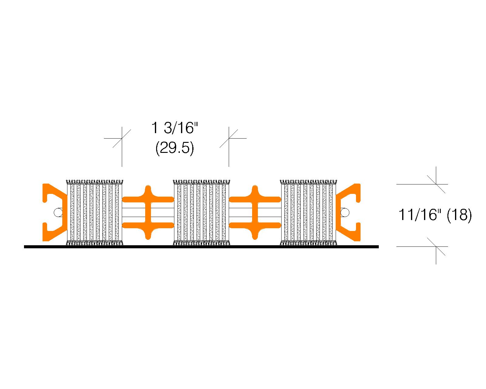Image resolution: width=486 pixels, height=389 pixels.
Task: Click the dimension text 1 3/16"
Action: coord(175,128)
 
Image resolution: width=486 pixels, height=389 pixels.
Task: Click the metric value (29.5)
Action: coord(175,148)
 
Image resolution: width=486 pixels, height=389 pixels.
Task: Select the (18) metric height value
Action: coord(459,215)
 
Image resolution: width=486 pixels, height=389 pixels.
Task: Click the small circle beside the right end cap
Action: coord(345,212)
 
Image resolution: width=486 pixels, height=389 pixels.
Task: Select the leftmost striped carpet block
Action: coord(95,212)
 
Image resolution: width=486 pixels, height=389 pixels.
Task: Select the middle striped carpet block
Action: coord(201,212)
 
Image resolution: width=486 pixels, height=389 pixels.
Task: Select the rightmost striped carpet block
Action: coord(309,212)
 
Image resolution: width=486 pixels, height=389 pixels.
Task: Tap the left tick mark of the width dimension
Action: coord(122,138)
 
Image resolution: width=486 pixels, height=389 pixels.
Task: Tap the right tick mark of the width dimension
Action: coord(229,138)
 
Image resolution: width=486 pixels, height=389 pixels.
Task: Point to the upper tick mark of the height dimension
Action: coord(436,184)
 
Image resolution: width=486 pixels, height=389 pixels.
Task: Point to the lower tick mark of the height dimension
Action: coord(436,246)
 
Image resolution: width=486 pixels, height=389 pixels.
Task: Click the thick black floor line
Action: coord(201,247)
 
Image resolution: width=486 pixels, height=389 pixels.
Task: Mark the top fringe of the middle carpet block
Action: coord(201,182)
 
